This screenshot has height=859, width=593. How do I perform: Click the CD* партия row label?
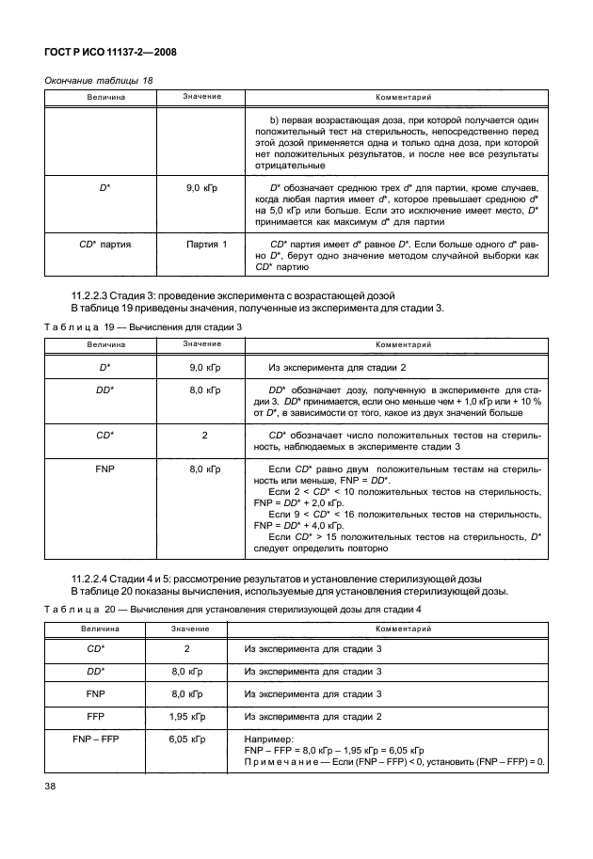coord(104,244)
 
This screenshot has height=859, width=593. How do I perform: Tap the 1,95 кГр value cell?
coord(186,716)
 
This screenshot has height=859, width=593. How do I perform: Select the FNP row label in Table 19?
coord(104,468)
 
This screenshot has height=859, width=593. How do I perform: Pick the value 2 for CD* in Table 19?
coord(204,436)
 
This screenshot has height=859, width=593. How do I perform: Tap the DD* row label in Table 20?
coord(93,671)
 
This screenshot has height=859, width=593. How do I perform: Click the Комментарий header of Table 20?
coord(388,628)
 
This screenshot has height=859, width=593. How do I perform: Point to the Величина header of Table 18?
coord(104,98)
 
